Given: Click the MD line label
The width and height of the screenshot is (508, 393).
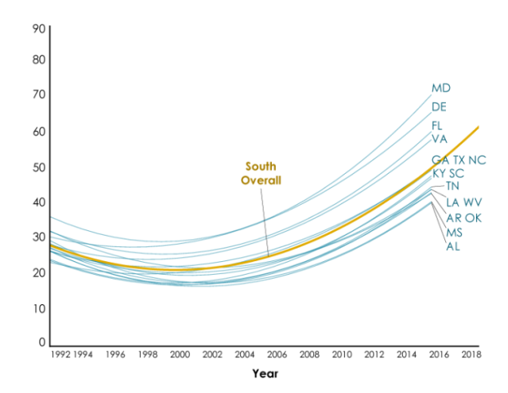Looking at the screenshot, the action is tap(441, 88).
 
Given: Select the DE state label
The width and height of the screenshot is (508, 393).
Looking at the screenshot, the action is tap(439, 106).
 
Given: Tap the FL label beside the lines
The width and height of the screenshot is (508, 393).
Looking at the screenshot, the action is tap(437, 125).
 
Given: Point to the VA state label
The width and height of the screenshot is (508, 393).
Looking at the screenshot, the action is tap(440, 139).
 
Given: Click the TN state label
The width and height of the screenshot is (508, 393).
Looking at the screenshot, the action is tap(452, 186).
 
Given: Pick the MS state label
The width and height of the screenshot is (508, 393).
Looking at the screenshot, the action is tap(454, 233).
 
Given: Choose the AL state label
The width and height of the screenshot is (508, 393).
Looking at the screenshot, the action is tap(453, 246).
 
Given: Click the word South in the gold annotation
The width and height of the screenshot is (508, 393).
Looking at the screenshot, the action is tap(261, 166).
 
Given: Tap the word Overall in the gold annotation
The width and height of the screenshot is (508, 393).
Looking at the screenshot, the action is tap(261, 180).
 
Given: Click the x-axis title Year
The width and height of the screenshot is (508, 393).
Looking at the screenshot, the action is tap(266, 374).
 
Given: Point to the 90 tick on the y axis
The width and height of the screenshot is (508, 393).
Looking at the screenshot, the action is tap(39, 29).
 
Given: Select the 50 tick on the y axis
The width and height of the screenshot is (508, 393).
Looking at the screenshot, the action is tap(39, 168).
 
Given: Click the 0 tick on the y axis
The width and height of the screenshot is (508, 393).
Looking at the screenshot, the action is tap(42, 342).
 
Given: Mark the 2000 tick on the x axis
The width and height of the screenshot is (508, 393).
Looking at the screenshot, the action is tap(180, 355).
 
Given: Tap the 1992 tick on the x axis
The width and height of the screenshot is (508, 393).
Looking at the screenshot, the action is tap(60, 355).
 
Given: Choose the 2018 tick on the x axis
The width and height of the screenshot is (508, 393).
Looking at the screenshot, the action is tap(471, 355).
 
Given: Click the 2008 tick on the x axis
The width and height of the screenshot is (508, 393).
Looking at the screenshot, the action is tap(309, 355).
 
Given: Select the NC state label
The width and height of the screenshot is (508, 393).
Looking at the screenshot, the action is tap(477, 160).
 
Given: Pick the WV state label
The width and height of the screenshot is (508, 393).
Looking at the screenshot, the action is tap(472, 202).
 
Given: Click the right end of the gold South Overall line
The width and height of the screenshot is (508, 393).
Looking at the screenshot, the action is tap(479, 127).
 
